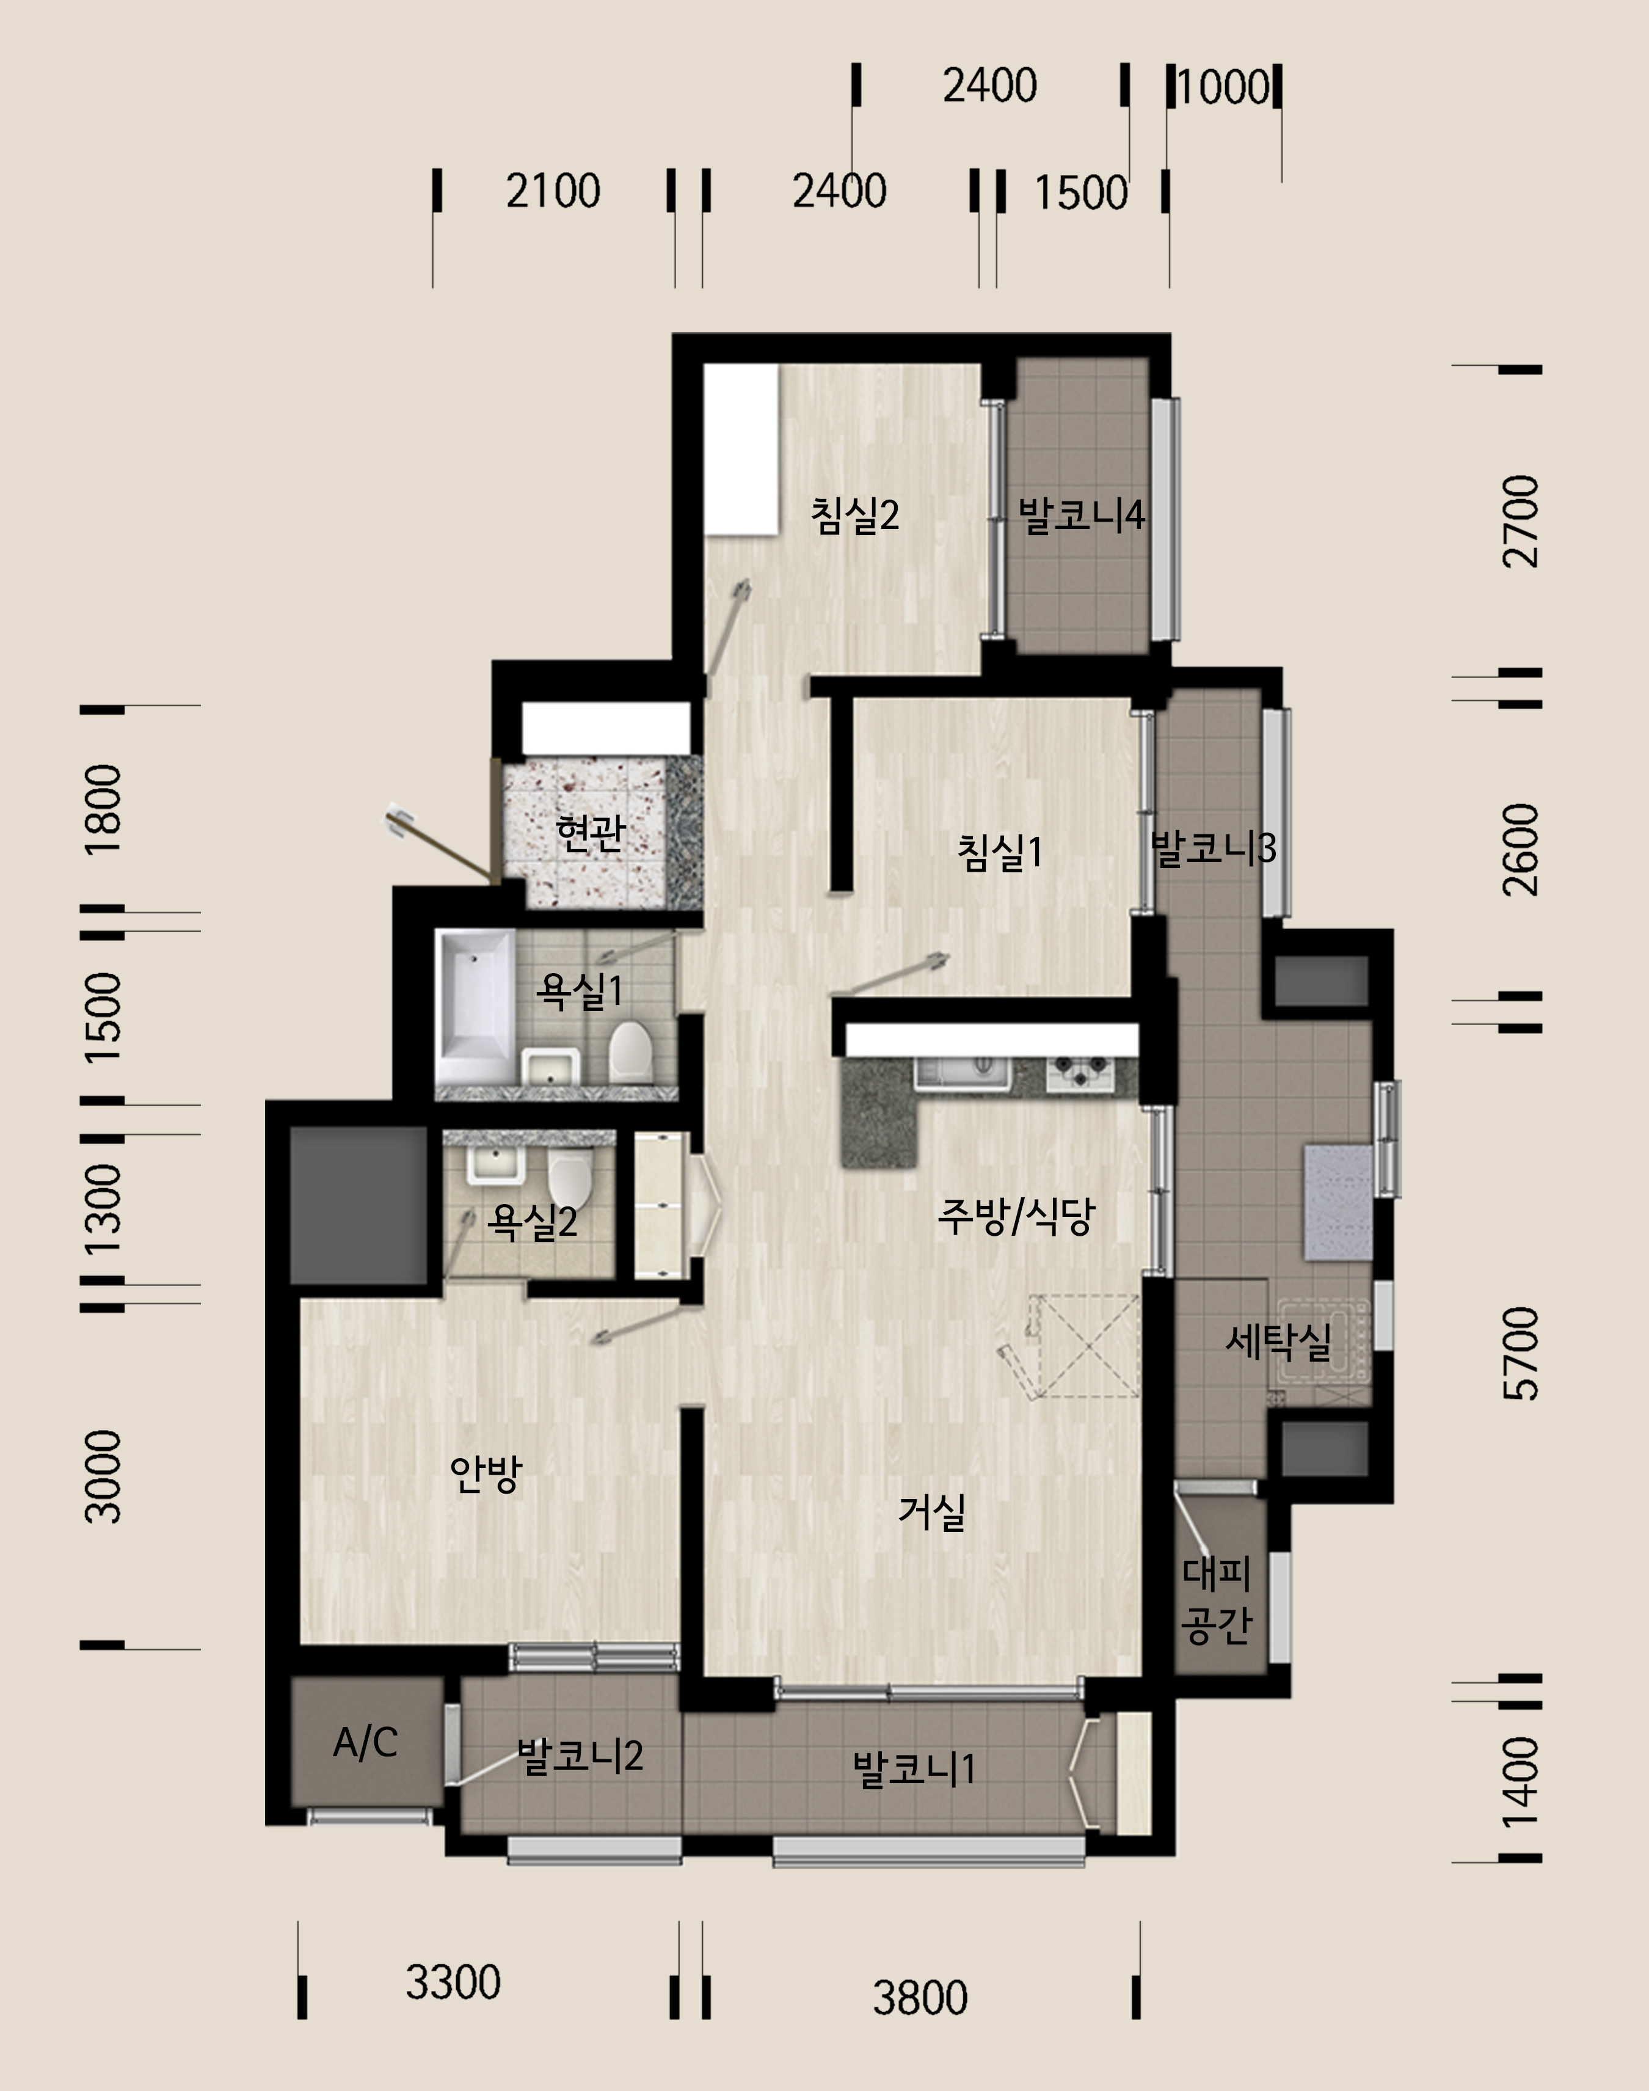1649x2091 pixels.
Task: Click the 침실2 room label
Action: (854, 515)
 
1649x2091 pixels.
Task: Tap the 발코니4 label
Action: (1081, 515)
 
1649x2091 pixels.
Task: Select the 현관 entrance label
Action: (591, 833)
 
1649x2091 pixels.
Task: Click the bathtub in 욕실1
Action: (475, 1007)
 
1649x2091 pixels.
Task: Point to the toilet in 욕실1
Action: (630, 1053)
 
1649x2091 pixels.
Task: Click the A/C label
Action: (365, 1742)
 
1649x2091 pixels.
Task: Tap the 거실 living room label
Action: (931, 1511)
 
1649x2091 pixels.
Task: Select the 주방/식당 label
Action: (1017, 1216)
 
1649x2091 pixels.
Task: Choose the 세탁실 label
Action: (1278, 1341)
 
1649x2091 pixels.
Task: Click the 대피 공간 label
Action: (1217, 1599)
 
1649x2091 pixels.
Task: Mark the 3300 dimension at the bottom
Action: (453, 1982)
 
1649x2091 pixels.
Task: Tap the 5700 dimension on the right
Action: (1521, 1354)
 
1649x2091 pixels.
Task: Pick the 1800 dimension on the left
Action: (103, 808)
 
